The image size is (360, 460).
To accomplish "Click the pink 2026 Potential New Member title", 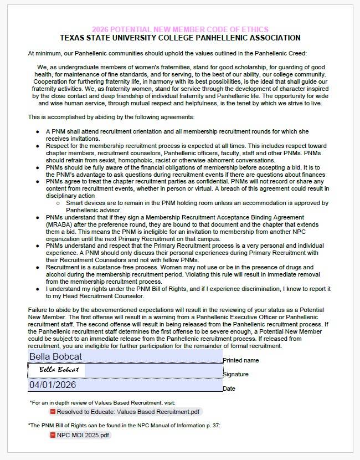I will click(x=180, y=29).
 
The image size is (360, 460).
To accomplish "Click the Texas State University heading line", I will click(x=180, y=38).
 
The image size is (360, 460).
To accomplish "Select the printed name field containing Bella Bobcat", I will click(x=125, y=356).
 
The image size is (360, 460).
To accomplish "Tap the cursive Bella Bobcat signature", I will click(x=59, y=370).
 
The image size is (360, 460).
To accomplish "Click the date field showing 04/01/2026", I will click(x=125, y=385).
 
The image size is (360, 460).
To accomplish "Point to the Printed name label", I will click(x=240, y=360).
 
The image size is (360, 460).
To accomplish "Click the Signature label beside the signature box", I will click(x=235, y=374).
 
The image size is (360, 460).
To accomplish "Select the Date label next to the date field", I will click(x=229, y=389).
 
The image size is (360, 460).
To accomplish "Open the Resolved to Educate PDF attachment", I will click(x=128, y=412).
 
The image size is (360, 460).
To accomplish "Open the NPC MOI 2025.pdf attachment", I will click(x=83, y=435).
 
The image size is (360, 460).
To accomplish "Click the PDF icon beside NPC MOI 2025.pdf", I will click(x=53, y=435).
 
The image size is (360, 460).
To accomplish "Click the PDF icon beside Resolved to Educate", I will click(x=53, y=412).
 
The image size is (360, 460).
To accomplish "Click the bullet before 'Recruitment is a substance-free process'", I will click(x=38, y=267).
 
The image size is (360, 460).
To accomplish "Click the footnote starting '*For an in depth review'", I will click(x=102, y=402).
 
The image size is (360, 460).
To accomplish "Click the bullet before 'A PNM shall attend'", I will click(x=38, y=131).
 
